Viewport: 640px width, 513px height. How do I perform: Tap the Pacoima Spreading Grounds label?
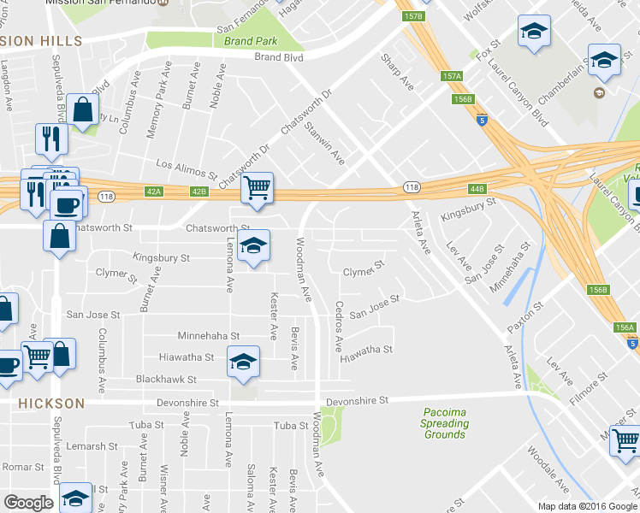pyautogui.click(x=445, y=422)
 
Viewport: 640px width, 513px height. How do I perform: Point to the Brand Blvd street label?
pyautogui.click(x=279, y=57)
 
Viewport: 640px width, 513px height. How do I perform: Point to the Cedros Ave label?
pyautogui.click(x=340, y=327)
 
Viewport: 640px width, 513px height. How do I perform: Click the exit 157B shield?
pyautogui.click(x=412, y=17)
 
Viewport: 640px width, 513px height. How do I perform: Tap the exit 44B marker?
pyautogui.click(x=477, y=188)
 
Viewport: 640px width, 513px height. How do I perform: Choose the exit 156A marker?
pyautogui.click(x=625, y=327)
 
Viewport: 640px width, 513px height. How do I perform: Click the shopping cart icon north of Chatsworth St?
pyautogui.click(x=257, y=188)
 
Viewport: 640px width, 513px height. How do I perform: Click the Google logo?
pyautogui.click(x=28, y=502)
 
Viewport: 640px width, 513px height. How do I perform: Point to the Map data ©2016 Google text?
pyautogui.click(x=589, y=505)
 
